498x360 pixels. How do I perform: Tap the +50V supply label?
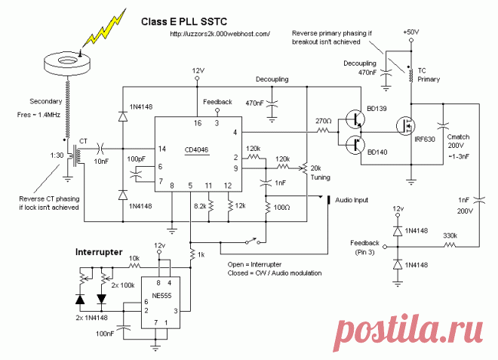pyautogui.click(x=411, y=33)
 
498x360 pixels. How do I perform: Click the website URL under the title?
pyautogui.click(x=220, y=34)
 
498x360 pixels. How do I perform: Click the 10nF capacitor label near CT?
pyautogui.click(x=100, y=160)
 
